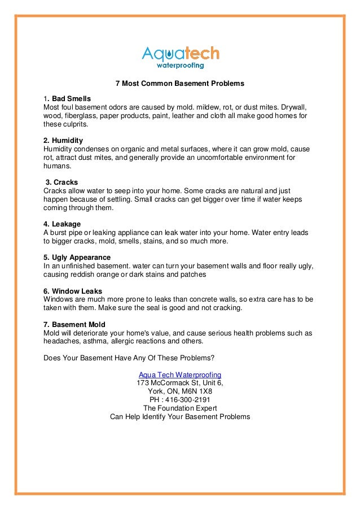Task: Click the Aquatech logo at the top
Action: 179,54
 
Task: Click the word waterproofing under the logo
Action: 180,66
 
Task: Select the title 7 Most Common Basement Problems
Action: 179,84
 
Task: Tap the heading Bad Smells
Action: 71,99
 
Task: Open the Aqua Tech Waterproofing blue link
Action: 180,375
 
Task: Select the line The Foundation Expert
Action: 180,408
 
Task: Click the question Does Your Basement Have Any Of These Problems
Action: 129,358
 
